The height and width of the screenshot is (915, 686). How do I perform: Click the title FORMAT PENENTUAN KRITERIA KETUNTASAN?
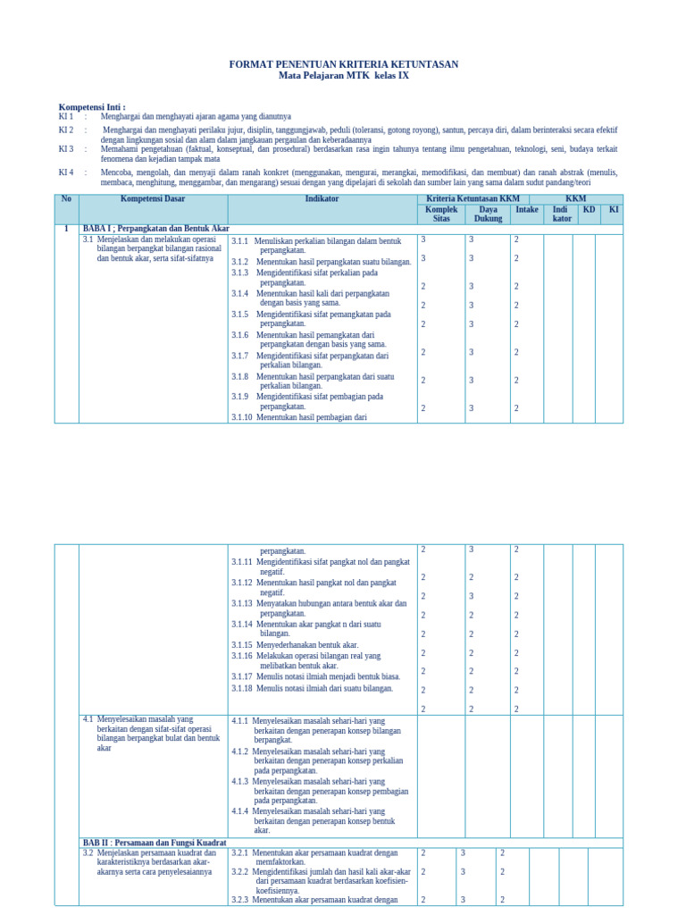[x=344, y=64]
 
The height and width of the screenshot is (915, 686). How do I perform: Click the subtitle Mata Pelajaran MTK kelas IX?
[x=344, y=75]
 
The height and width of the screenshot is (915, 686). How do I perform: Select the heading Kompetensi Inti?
[x=92, y=106]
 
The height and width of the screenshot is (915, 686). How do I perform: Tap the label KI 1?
[x=66, y=116]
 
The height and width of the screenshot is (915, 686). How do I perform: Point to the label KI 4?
[x=66, y=172]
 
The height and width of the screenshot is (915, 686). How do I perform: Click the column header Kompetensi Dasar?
[x=153, y=199]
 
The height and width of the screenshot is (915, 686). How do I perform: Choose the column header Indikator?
[x=322, y=199]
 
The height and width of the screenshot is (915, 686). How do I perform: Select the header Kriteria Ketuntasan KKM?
[x=473, y=199]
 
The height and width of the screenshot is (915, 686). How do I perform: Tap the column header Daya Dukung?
[x=488, y=214]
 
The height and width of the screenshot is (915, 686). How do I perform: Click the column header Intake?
[x=527, y=209]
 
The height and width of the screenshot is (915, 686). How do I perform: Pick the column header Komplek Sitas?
[x=441, y=214]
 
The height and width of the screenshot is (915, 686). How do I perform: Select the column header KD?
[x=589, y=209]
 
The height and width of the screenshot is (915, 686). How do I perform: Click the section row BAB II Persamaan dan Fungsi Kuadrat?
[x=155, y=843]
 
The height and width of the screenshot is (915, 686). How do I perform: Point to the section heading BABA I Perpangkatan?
[x=155, y=229]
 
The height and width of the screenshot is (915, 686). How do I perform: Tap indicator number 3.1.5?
[x=239, y=315]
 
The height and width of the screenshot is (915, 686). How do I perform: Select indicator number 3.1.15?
[x=242, y=644]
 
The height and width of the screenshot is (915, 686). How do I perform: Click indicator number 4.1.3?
[x=240, y=781]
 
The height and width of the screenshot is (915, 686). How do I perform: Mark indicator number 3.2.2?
[x=240, y=871]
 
